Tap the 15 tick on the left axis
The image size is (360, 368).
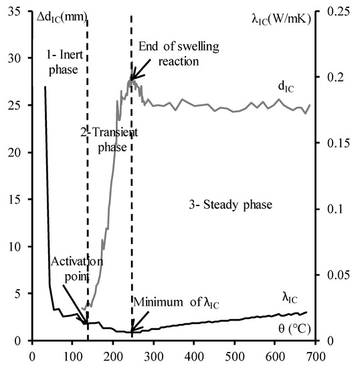click(x=15, y=199)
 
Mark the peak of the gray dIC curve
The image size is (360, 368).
click(x=132, y=79)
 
